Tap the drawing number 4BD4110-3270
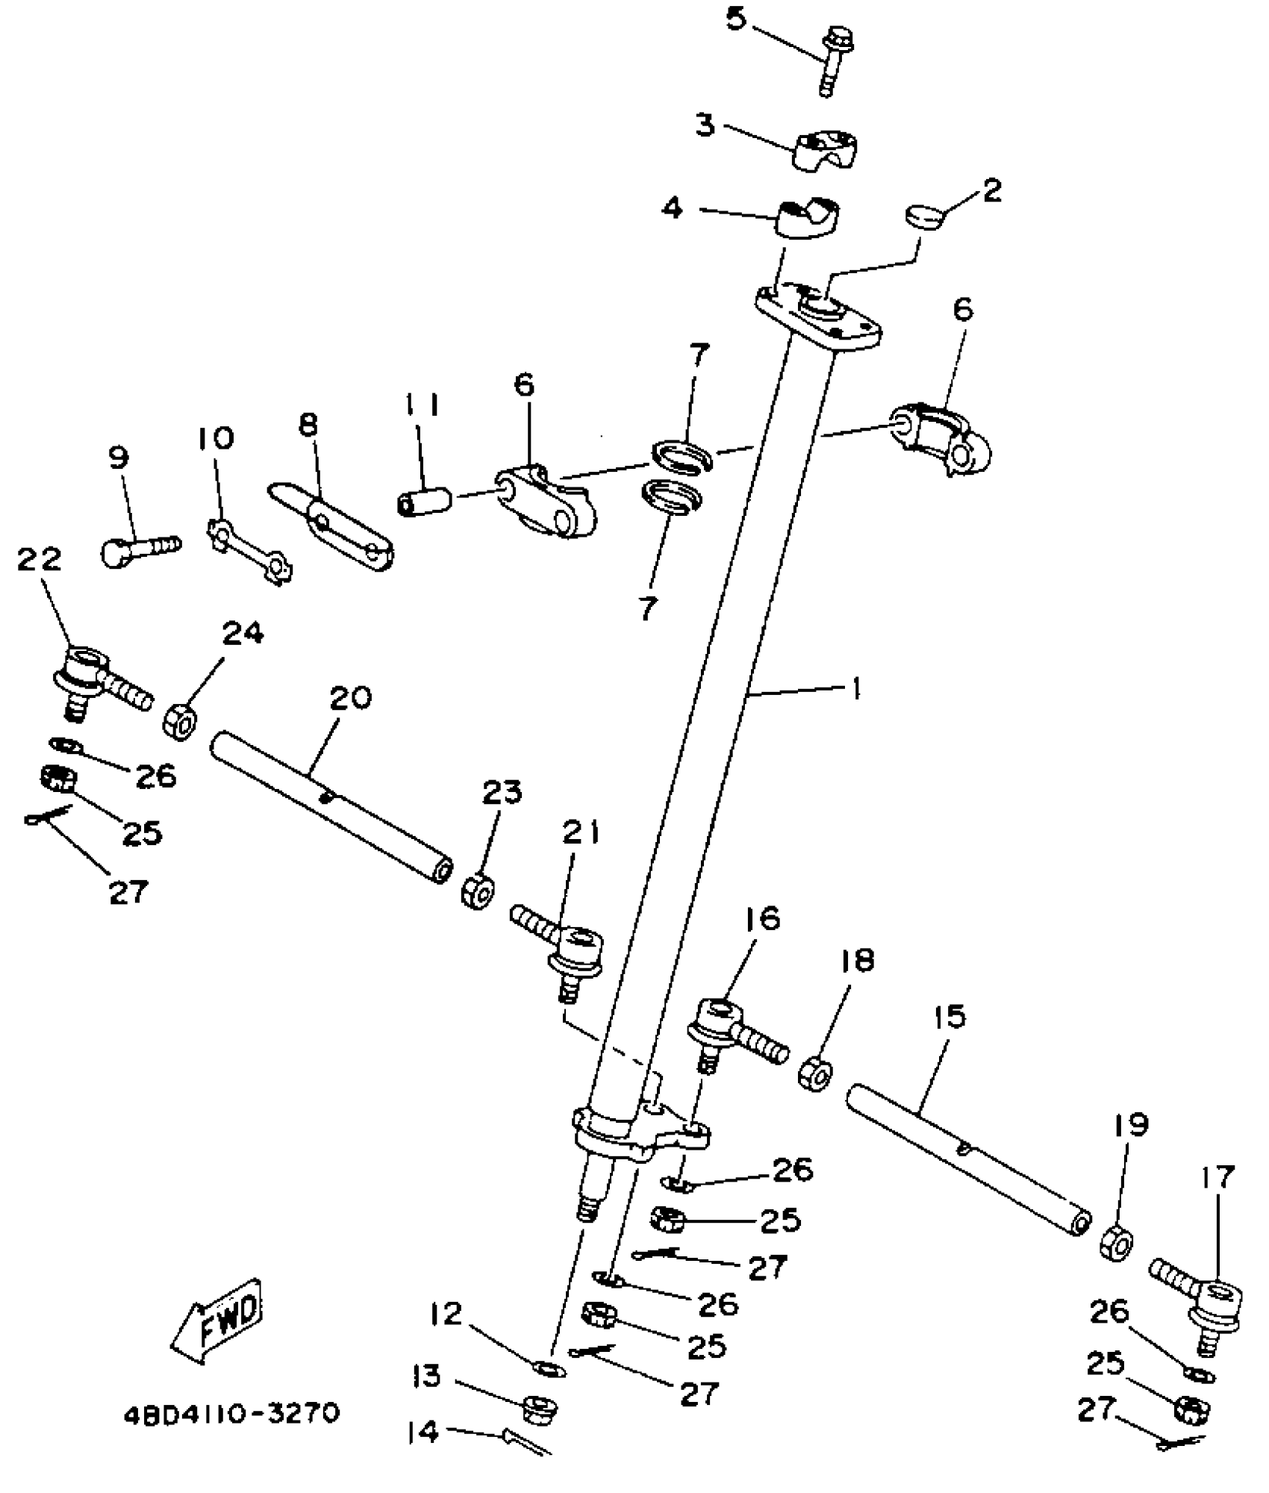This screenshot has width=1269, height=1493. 232,1414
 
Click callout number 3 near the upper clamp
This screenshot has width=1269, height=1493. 705,125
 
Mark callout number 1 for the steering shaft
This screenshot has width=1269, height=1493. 857,689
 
